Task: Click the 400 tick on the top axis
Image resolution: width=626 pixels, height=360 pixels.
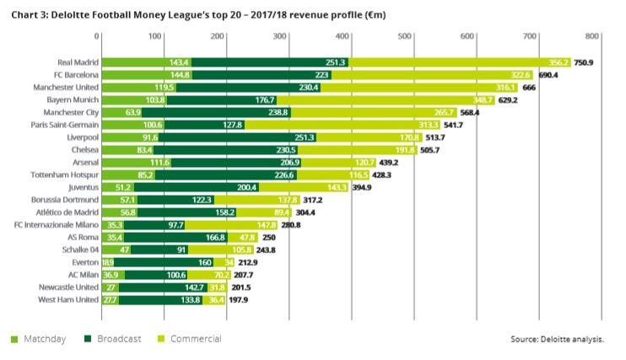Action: (x=343, y=36)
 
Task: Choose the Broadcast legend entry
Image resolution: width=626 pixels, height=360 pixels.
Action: (x=113, y=338)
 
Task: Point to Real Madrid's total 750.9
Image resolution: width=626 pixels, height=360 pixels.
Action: (x=586, y=62)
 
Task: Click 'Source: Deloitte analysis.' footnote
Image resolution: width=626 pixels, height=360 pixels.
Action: (x=557, y=339)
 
